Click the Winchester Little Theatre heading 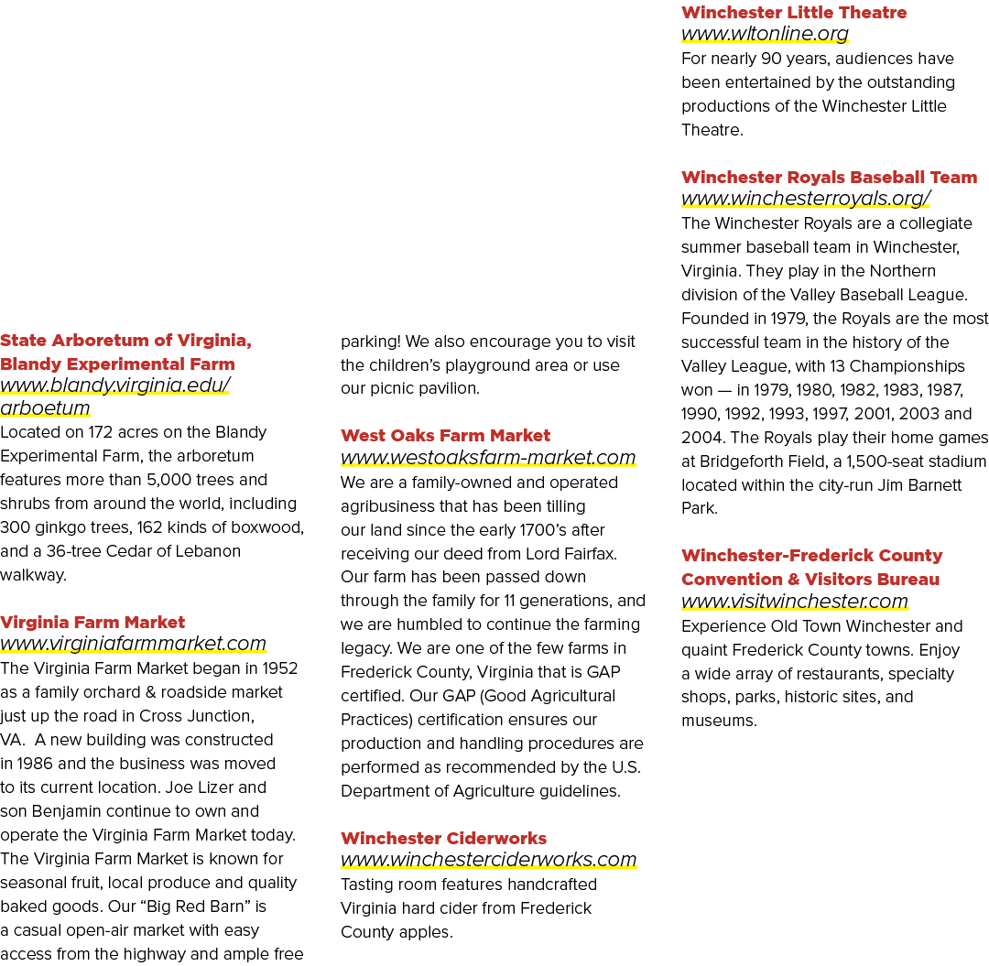click(793, 13)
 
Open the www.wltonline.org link click(765, 33)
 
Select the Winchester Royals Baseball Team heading click(829, 178)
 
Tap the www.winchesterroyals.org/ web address click(806, 198)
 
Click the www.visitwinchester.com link click(794, 601)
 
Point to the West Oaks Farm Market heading click(445, 436)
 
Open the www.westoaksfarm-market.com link click(488, 457)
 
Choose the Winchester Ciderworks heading click(443, 838)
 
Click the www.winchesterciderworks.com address click(489, 860)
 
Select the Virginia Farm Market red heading click(92, 623)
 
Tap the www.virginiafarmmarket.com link click(133, 643)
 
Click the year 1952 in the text click(280, 668)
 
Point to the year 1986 click(35, 764)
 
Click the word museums click(719, 721)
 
